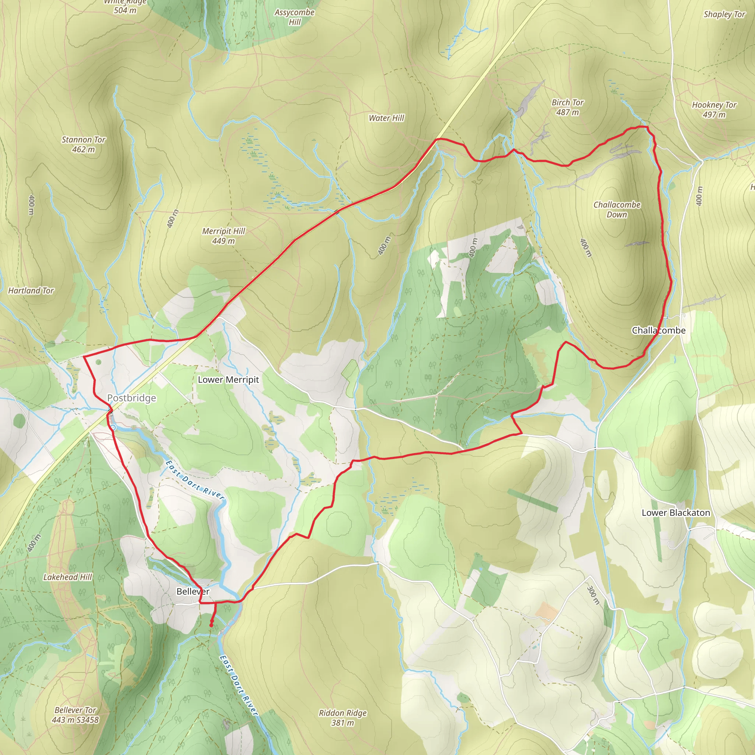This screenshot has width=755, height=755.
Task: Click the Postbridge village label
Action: [131, 398]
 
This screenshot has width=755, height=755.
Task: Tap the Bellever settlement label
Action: [193, 591]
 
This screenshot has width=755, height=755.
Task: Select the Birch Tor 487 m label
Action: [567, 107]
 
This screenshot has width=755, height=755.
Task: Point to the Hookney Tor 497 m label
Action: [714, 109]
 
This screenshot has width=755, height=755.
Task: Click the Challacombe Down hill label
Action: [617, 209]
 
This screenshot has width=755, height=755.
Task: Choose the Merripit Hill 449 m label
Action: [223, 236]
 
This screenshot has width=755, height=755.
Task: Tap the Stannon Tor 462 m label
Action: [84, 144]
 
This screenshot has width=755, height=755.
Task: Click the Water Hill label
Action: [386, 118]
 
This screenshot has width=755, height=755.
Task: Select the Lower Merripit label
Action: [228, 379]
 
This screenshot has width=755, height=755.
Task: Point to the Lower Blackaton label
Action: [676, 513]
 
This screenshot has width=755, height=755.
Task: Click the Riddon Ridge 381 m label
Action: [343, 718]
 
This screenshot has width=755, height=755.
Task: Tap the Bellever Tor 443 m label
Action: [75, 715]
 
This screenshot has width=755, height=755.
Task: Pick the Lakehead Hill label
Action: [67, 577]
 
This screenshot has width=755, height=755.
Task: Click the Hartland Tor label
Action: [31, 290]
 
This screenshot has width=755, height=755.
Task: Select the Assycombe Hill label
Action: [294, 17]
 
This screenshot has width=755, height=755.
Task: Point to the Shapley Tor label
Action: [724, 14]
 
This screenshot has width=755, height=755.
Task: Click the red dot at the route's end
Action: [211, 625]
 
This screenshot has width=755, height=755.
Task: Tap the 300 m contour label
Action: [593, 595]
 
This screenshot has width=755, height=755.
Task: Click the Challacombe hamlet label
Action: [658, 330]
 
